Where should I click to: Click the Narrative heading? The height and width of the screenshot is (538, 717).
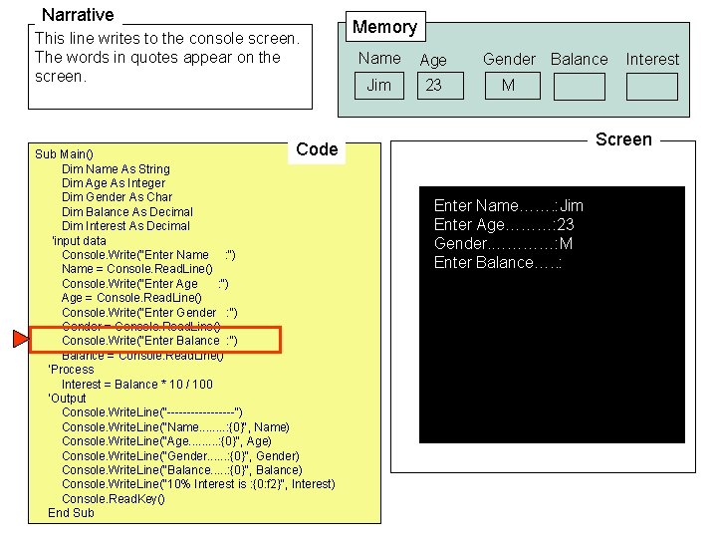pos(78,15)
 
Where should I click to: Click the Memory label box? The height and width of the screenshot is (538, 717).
pos(384,27)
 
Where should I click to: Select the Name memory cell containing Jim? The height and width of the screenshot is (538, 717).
pos(379,86)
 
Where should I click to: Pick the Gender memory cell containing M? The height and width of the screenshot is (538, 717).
pos(508,86)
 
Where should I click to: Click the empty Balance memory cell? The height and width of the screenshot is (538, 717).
pos(578,87)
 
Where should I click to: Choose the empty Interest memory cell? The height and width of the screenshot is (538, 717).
pos(651,87)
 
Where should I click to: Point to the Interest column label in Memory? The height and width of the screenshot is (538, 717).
pos(651,59)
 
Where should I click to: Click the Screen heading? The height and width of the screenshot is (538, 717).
pos(623,139)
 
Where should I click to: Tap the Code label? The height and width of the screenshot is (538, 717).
pos(317,149)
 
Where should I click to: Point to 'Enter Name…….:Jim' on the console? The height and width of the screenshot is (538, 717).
pos(508,206)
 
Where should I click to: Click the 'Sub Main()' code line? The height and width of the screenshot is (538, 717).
pos(64,154)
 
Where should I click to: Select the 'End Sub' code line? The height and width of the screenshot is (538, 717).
pos(71,513)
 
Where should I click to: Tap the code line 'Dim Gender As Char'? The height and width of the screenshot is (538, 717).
pos(117,197)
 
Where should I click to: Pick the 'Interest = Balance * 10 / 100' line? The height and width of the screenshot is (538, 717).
pos(136,384)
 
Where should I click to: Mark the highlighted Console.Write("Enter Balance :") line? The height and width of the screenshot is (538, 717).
pos(149,341)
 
